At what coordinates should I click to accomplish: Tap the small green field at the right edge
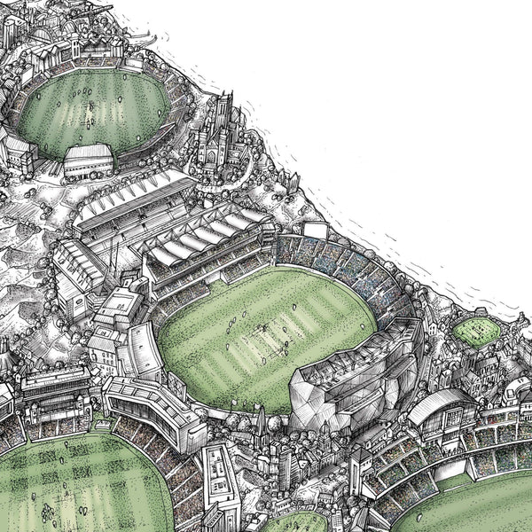(x=476, y=331)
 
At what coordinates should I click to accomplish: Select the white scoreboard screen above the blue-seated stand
(x=316, y=231)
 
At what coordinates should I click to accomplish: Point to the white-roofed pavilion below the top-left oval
(x=88, y=160)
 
